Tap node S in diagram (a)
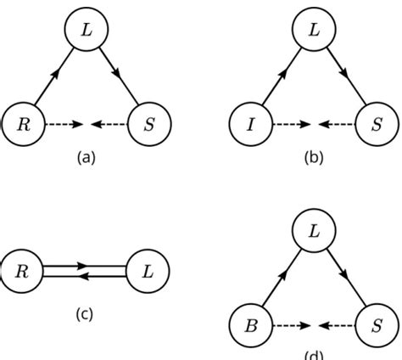[149, 124]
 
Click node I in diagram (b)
[252, 124]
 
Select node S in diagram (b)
[377, 124]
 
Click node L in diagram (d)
[315, 231]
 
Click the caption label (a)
[87, 157]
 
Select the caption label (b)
[315, 157]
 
